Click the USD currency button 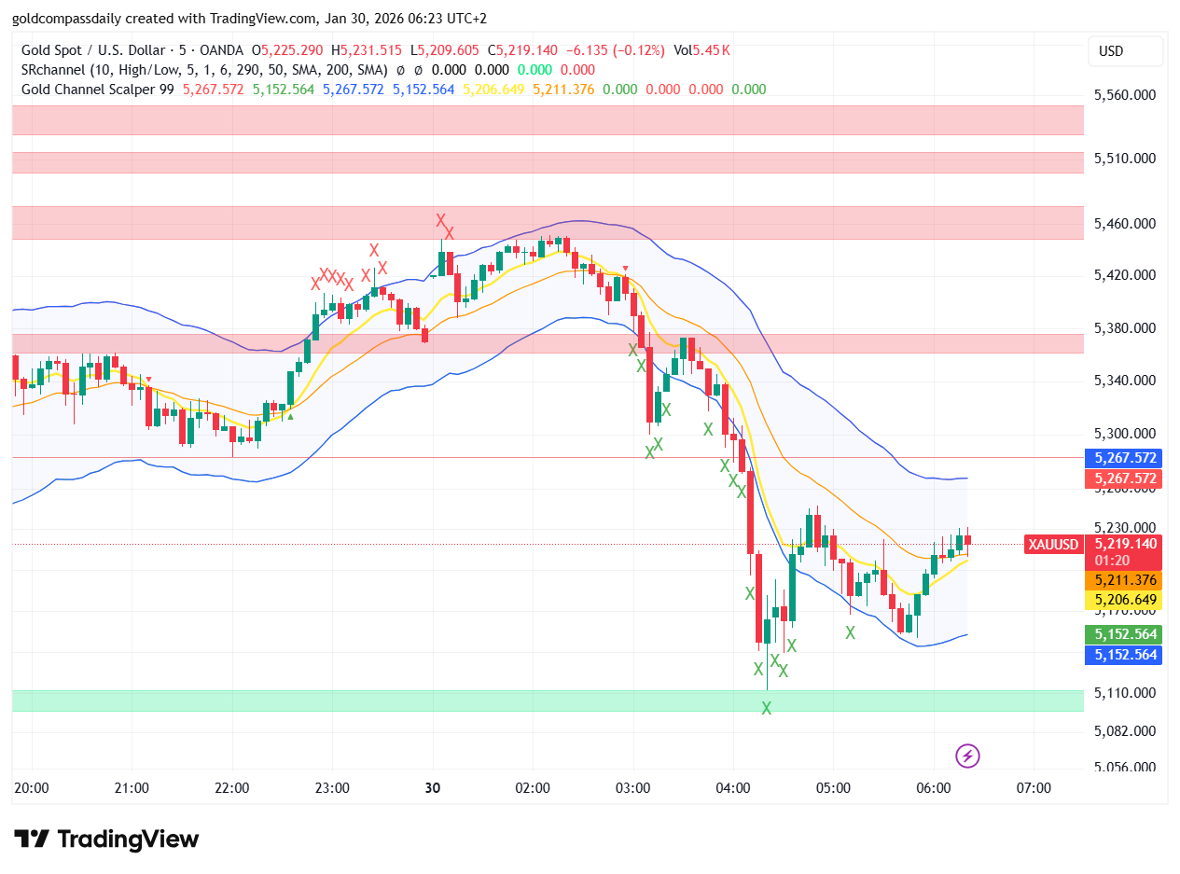(1125, 51)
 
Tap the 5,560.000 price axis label (1125, 95)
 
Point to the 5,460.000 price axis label (1125, 224)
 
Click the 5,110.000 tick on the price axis (1125, 693)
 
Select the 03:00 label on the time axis (632, 788)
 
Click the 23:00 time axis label (332, 788)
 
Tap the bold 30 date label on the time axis (433, 788)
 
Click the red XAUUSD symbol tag (1053, 545)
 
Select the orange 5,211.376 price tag (1124, 580)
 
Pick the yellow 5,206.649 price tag (1124, 600)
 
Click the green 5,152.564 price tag (1124, 634)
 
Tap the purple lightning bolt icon (967, 756)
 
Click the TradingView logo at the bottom (106, 839)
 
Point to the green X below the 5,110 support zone (767, 709)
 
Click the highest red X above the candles (440, 221)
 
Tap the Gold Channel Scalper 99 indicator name (98, 90)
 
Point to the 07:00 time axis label (1034, 788)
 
